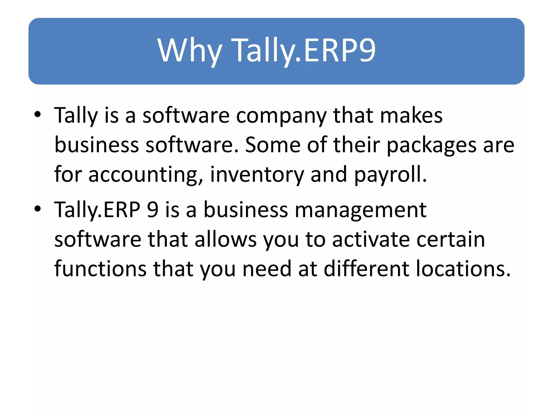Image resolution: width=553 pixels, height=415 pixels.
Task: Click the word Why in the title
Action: pyautogui.click(x=190, y=51)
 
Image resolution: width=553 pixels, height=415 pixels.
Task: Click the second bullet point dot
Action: pyautogui.click(x=38, y=209)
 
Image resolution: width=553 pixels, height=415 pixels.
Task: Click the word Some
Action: pyautogui.click(x=272, y=145)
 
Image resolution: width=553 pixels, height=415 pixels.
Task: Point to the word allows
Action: pyautogui.click(x=225, y=239)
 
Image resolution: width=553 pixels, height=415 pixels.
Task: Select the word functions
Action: pyautogui.click(x=100, y=269)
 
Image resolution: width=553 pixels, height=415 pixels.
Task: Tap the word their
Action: pyautogui.click(x=356, y=145)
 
